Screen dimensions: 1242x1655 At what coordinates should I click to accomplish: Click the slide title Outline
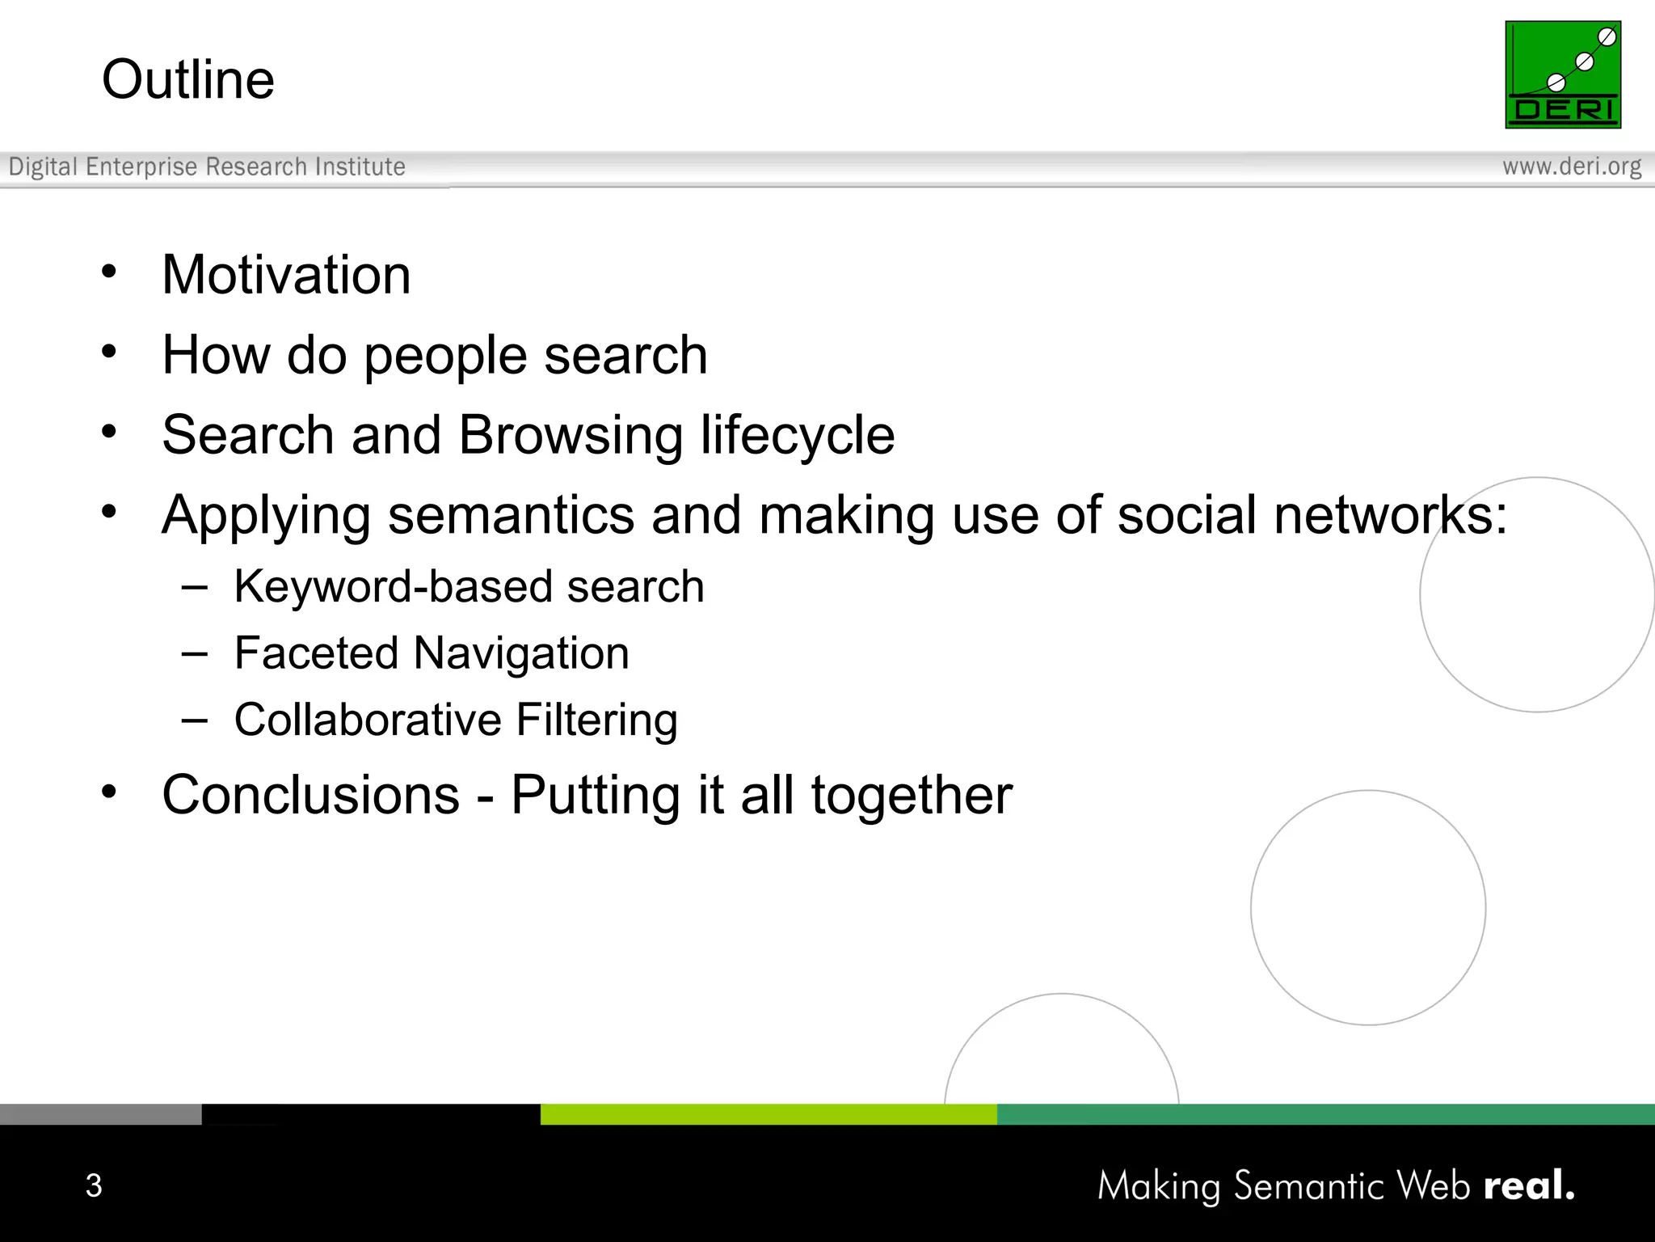click(188, 79)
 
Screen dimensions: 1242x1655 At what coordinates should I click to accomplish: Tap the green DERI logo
click(1562, 74)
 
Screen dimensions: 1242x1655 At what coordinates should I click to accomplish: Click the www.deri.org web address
click(1572, 167)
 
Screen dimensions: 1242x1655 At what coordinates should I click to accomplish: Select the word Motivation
click(286, 275)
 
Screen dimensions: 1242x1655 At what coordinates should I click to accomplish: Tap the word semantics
click(511, 515)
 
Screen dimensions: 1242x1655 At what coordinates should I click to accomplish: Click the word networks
click(1390, 515)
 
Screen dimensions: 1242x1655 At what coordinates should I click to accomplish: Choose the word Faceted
click(316, 653)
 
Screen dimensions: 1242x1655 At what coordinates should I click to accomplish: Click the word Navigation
click(521, 653)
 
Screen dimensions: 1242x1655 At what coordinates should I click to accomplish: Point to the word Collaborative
click(368, 720)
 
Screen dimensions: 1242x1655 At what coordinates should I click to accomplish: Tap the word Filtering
click(596, 720)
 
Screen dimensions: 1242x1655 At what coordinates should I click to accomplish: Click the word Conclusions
click(311, 795)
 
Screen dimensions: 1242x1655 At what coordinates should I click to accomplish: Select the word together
click(912, 796)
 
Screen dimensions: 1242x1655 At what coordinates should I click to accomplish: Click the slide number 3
click(94, 1185)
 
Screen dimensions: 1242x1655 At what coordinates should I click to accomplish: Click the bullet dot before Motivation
click(109, 272)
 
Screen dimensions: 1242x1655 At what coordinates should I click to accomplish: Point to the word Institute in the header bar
click(360, 167)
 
